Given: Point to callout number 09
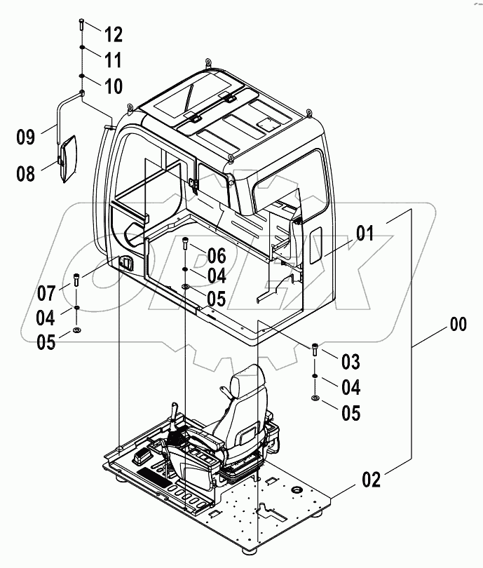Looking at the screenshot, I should click(25, 137).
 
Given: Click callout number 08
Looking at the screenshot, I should click(25, 173).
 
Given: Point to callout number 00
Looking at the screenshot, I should click(457, 325).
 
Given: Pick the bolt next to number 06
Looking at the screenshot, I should click(184, 243).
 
